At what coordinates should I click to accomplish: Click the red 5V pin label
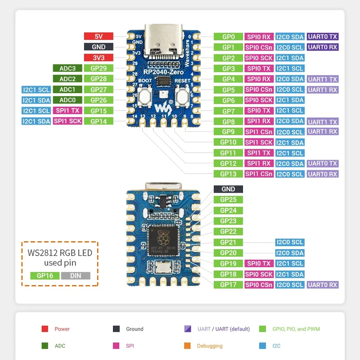[99, 36]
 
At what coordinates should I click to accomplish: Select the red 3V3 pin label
[99, 58]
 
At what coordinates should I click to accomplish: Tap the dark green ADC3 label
[67, 68]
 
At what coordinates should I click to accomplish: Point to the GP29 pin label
[99, 68]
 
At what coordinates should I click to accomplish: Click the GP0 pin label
[228, 36]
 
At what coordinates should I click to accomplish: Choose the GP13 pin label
[228, 174]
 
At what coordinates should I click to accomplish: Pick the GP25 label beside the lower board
[228, 200]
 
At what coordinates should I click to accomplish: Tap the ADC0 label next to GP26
[67, 100]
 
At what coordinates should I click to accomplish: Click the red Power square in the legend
[45, 329]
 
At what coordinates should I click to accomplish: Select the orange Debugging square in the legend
[188, 346]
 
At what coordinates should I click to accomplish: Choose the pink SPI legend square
[116, 346]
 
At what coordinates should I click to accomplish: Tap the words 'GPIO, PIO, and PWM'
[296, 329]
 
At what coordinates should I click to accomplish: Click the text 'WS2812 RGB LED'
[60, 253]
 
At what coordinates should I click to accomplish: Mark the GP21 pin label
[228, 243]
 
